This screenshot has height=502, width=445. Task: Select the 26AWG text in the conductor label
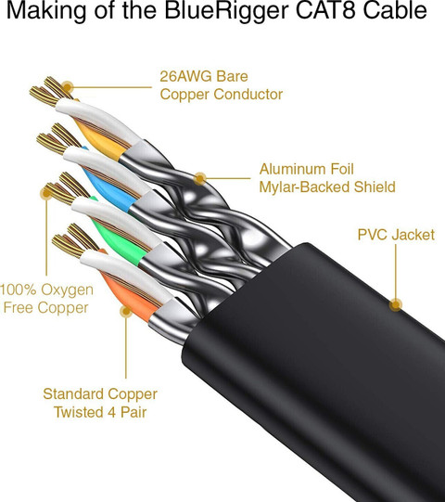tap(185, 76)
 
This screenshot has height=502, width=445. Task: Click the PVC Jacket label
tap(396, 235)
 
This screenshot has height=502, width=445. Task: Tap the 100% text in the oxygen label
tap(19, 290)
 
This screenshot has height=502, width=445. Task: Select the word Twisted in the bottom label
tap(79, 412)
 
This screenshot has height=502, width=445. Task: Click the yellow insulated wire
tap(100, 139)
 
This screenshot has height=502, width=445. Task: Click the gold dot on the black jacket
tap(396, 304)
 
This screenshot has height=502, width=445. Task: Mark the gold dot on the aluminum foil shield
tap(200, 179)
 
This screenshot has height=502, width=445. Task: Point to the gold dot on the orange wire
tap(126, 311)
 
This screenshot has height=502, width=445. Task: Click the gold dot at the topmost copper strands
tap(67, 87)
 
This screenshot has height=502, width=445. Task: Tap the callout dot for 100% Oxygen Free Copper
tap(46, 193)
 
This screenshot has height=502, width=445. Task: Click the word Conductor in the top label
tap(248, 95)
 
